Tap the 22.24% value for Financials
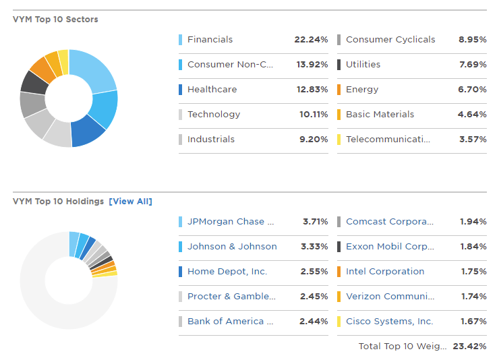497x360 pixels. [x=311, y=40]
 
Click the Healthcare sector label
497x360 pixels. [x=212, y=90]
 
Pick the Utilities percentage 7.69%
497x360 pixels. [x=472, y=65]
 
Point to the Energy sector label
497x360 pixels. [x=362, y=90]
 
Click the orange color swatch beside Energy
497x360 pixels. [x=339, y=90]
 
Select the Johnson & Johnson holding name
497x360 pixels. [x=232, y=247]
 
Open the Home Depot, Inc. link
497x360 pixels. [x=227, y=272]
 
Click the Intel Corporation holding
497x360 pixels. [x=385, y=272]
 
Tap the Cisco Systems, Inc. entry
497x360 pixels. [x=389, y=322]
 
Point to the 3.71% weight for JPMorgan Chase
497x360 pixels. [x=315, y=222]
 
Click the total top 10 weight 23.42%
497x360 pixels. [x=469, y=347]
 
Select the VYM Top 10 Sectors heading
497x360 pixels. [x=55, y=20]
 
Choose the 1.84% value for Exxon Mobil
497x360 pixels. [x=473, y=247]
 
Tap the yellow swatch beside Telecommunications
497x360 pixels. [x=339, y=140]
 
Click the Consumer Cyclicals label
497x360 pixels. [x=390, y=40]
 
